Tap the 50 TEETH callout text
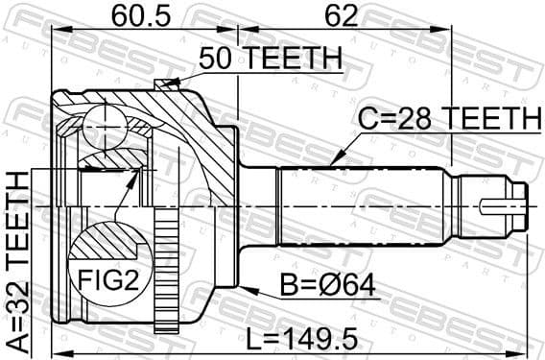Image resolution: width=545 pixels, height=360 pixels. (271, 60)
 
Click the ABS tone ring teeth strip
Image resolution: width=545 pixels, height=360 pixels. (168, 269)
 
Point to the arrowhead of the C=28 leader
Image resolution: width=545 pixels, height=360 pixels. (332, 162)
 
